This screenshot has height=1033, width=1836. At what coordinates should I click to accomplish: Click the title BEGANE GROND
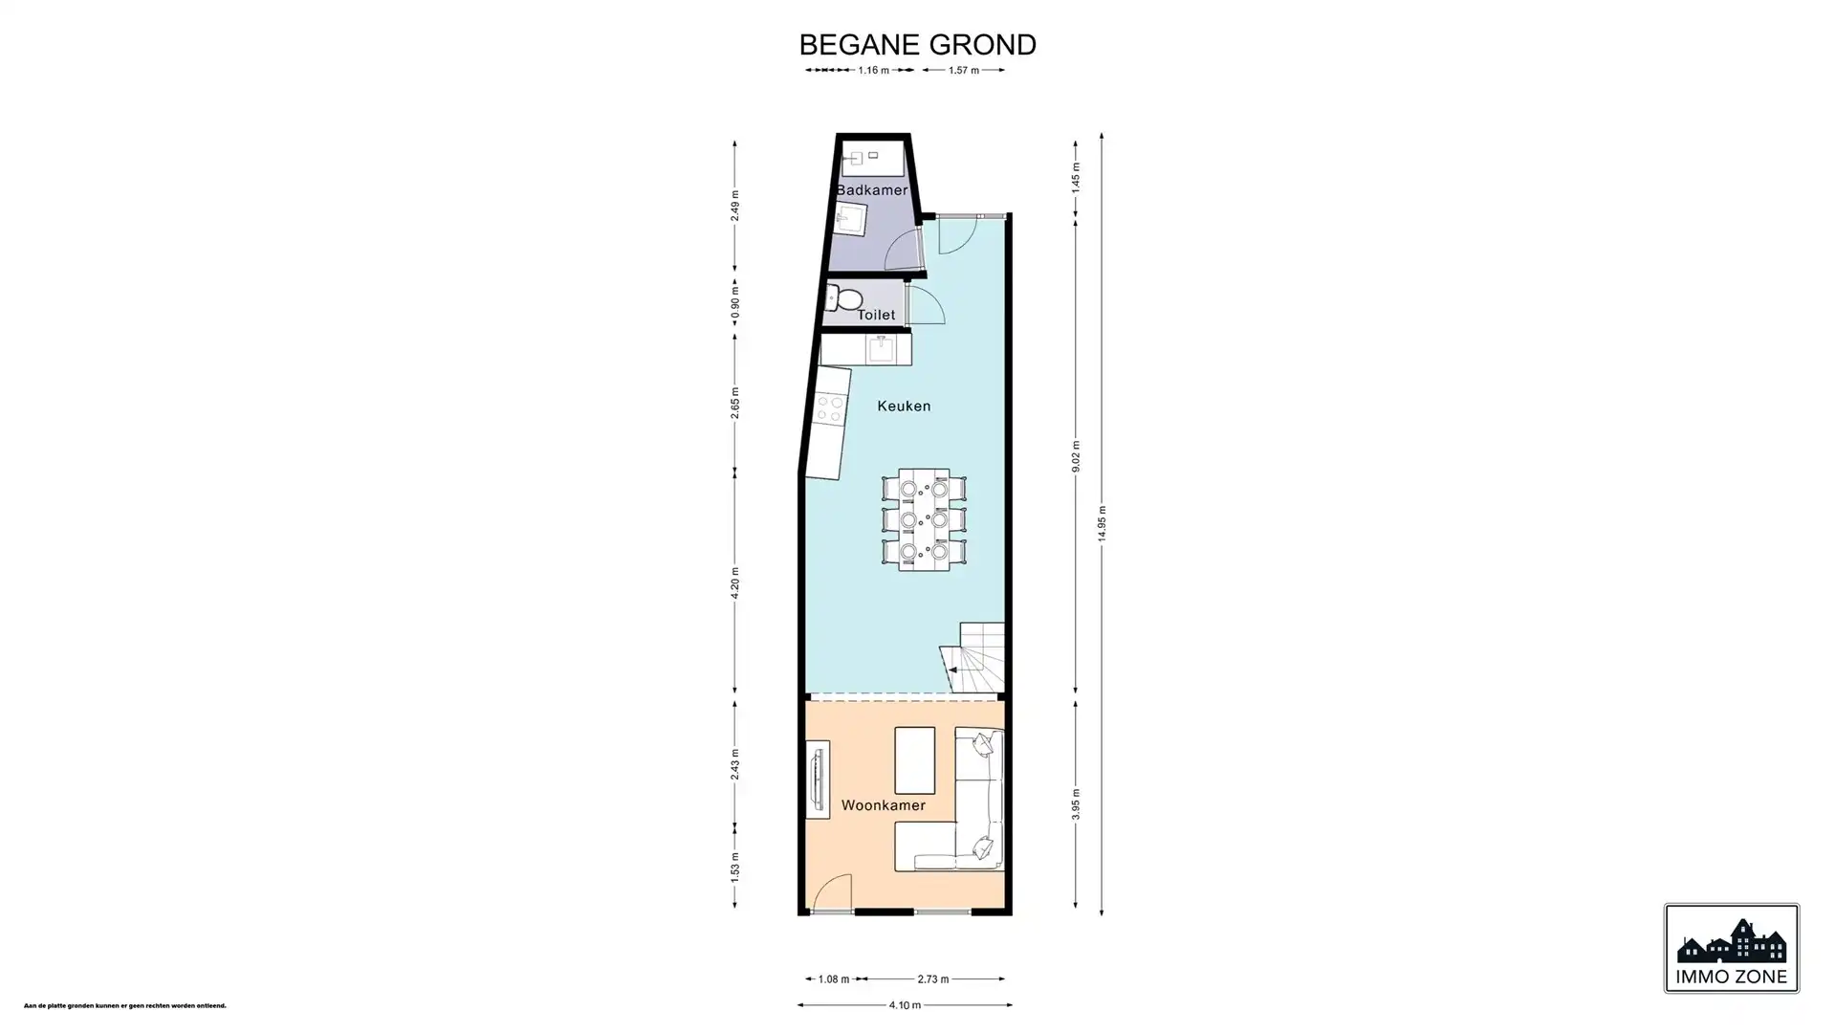pos(917,45)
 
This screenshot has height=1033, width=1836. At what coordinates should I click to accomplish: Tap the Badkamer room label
pos(871,190)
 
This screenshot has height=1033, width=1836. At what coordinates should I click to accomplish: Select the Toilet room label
pos(876,315)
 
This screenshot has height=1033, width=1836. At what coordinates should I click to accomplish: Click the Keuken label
pos(904,406)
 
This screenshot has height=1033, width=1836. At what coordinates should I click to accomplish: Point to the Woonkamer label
pos(883,805)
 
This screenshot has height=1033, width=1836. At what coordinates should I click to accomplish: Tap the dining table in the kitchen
pos(924,519)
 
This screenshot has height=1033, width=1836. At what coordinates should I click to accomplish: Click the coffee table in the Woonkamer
pos(914,760)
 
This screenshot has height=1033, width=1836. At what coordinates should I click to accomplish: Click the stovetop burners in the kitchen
pos(829,409)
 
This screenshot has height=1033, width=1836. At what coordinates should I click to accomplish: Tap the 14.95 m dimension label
pos(1102,524)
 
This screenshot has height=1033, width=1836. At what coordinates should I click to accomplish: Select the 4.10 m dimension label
pos(905,1005)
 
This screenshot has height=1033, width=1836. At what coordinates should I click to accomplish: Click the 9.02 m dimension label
pos(1076,456)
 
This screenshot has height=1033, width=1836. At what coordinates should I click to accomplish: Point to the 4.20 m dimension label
pos(735,583)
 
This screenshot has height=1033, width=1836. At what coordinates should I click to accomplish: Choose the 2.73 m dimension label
pos(932,979)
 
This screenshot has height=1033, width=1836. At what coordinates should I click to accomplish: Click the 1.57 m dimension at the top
pos(963,70)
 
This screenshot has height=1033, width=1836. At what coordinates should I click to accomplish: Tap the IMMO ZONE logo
pos(1731,949)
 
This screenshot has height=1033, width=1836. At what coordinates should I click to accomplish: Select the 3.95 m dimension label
pos(1076,803)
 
